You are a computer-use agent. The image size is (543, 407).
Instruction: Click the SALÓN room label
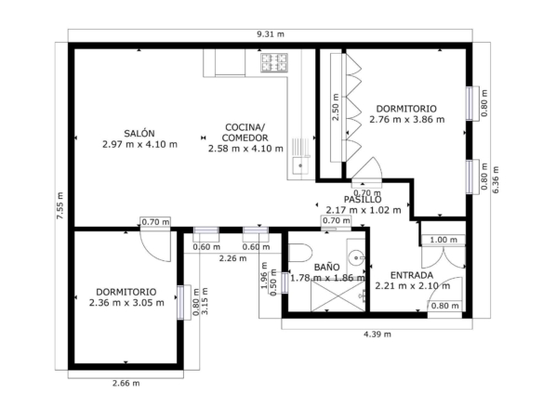(x=139, y=133)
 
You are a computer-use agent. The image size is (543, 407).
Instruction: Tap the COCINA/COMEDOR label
(x=245, y=133)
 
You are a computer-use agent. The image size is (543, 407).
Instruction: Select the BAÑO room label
(x=326, y=268)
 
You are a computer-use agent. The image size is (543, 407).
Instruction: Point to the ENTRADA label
(x=412, y=275)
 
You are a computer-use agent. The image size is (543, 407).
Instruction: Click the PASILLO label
(x=363, y=200)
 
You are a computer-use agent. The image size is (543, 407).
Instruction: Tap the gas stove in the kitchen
(x=274, y=62)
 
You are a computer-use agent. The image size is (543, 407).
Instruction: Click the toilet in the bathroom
(x=300, y=253)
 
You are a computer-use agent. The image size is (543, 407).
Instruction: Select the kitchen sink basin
(x=300, y=165)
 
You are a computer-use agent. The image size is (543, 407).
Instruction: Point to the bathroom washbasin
(x=357, y=257)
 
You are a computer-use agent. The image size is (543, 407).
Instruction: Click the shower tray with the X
(x=338, y=296)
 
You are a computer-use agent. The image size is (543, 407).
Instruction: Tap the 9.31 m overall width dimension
(x=271, y=34)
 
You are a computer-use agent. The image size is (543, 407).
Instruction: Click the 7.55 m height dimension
(x=60, y=205)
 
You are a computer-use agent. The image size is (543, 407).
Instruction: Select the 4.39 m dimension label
(x=377, y=334)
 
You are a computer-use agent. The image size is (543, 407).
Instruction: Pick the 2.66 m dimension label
(x=126, y=383)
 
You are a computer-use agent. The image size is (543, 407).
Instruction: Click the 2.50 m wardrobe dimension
(x=336, y=107)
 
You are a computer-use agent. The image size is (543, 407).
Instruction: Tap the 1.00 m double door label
(x=444, y=240)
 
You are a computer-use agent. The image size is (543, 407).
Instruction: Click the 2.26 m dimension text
(x=233, y=258)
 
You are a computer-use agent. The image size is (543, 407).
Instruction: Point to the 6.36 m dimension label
(x=496, y=179)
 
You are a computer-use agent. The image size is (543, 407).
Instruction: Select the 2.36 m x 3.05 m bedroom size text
(x=126, y=303)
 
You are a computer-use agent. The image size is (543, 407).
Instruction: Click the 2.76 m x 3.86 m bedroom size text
(x=407, y=119)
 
